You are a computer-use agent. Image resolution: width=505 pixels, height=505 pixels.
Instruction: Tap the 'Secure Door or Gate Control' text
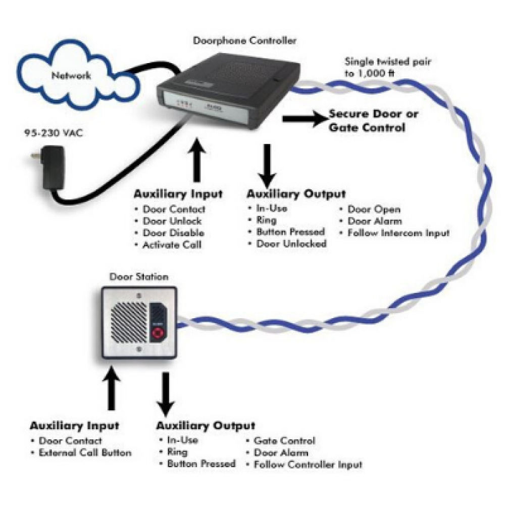(373, 121)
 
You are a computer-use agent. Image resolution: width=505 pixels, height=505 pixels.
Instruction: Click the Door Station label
(138, 277)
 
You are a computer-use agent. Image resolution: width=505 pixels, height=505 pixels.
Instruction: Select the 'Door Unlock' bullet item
(172, 221)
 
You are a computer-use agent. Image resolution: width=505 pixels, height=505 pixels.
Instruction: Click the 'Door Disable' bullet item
(173, 233)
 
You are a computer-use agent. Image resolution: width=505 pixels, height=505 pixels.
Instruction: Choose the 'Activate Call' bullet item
(172, 245)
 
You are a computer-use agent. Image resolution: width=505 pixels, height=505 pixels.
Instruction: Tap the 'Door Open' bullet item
(374, 209)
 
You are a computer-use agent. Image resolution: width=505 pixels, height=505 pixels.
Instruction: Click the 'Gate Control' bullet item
(284, 441)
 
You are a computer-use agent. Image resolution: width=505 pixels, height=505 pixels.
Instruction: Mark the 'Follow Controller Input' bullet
(308, 465)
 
